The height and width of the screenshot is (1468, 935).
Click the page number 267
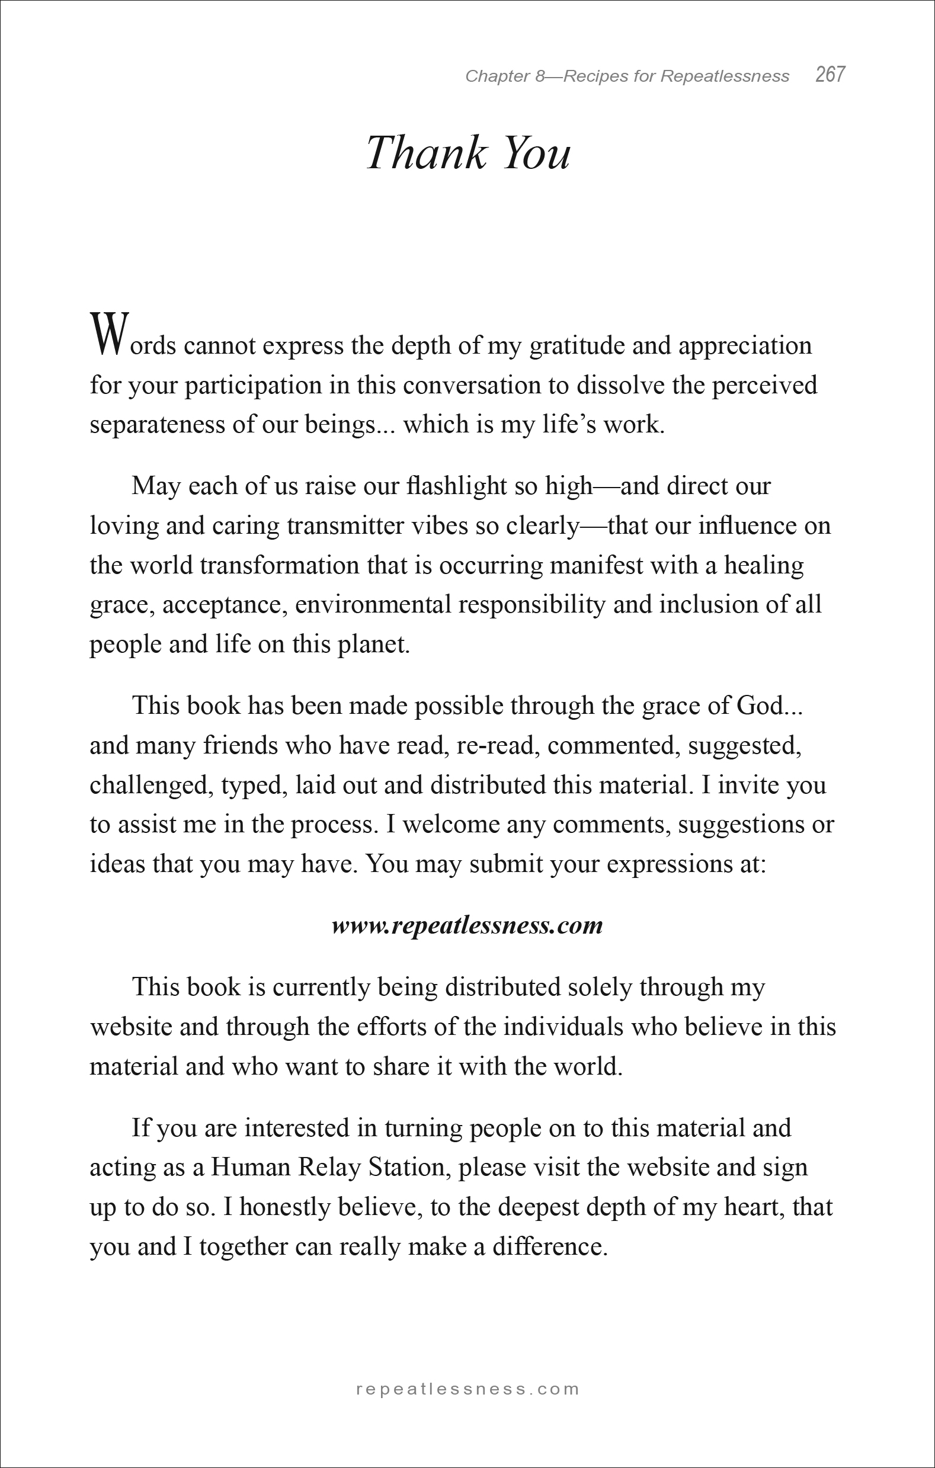point(830,75)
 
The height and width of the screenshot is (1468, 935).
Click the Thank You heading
point(469,152)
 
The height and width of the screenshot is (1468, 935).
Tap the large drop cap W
point(110,334)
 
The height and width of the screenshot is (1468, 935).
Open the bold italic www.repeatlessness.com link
point(467,925)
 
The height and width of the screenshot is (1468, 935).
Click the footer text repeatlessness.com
point(467,1389)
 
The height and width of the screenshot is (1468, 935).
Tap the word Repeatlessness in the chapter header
point(725,76)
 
